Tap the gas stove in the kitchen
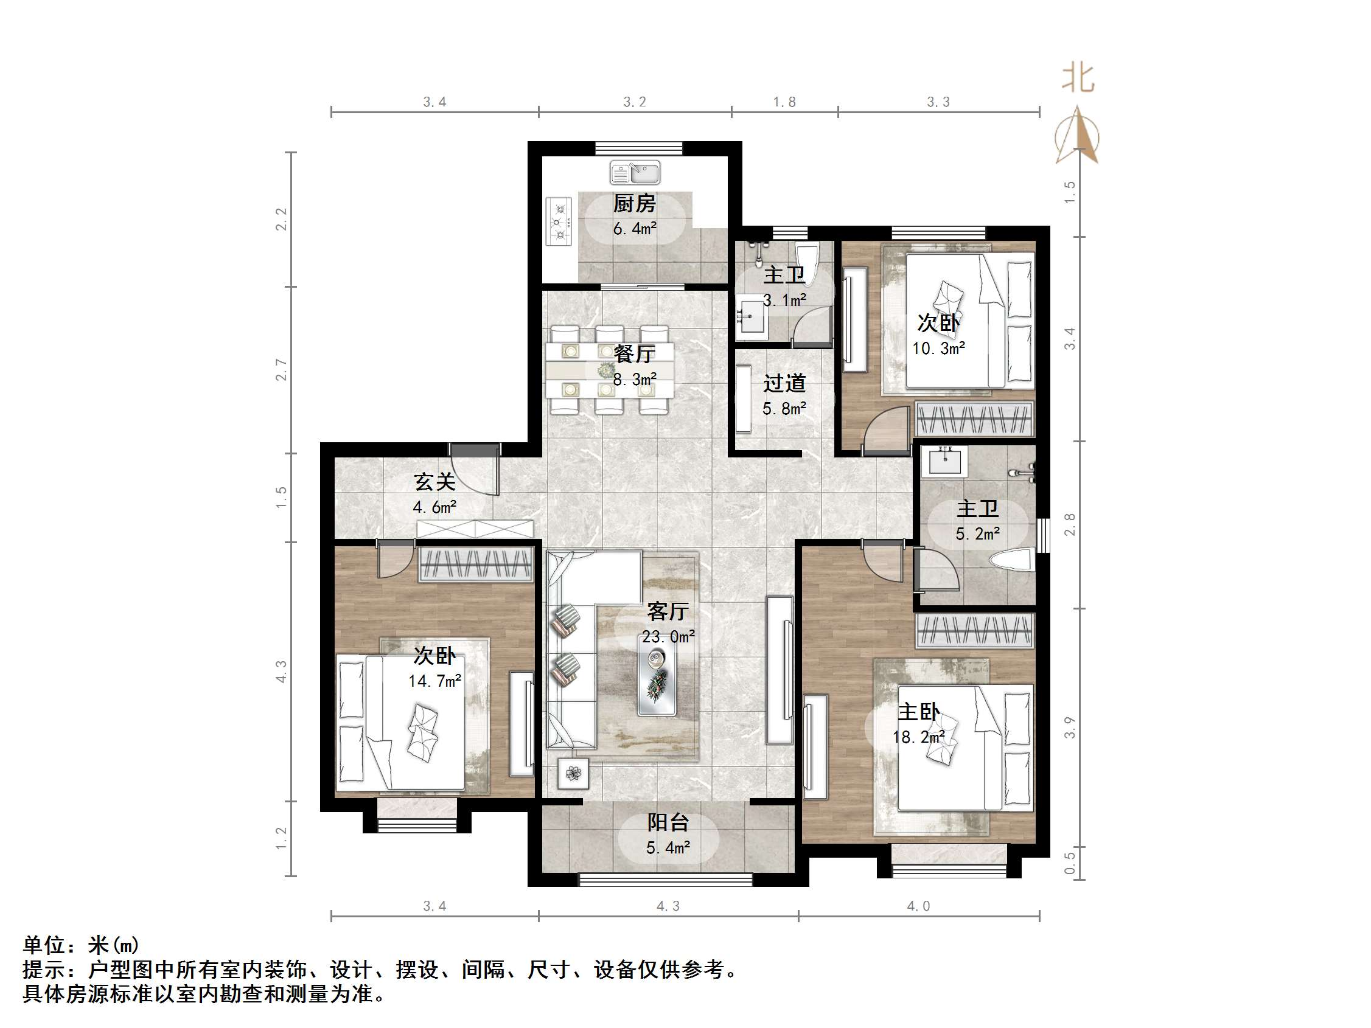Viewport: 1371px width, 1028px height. pos(559,221)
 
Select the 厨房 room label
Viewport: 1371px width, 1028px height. pos(634,203)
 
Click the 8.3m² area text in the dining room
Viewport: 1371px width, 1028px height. pos(634,378)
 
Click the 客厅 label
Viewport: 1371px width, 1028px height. pos(668,611)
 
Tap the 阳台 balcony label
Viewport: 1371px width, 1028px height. pos(668,822)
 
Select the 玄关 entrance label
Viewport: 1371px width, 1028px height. pos(434,482)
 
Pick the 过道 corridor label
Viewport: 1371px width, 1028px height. pos(784,383)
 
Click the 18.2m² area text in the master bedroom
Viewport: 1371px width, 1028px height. pos(918,737)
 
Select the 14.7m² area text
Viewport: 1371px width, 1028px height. pos(434,681)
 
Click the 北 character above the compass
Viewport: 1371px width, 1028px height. pos(1078,78)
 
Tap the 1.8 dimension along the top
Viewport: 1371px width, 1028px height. pos(784,102)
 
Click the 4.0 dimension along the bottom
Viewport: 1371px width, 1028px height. pos(918,906)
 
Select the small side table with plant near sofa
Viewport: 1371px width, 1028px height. pos(573,773)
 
